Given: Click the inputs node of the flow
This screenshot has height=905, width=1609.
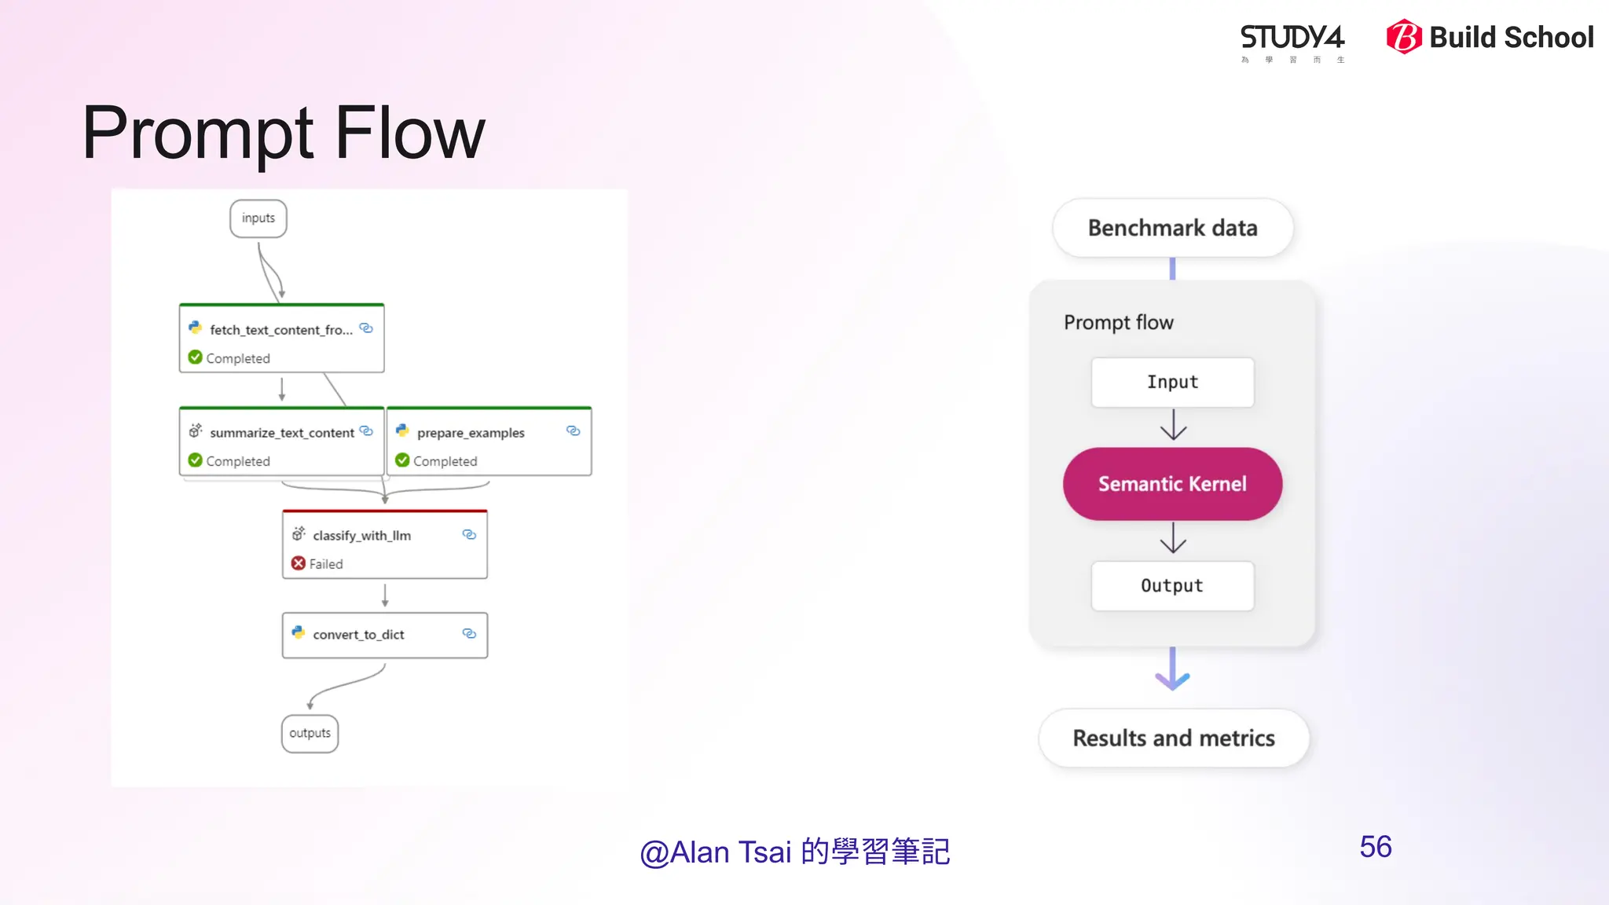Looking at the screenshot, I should pyautogui.click(x=258, y=218).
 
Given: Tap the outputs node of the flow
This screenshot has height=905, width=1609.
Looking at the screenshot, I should pyautogui.click(x=310, y=733).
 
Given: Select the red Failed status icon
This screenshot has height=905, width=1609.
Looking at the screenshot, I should pyautogui.click(x=299, y=563).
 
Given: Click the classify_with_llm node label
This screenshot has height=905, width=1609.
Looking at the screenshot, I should pyautogui.click(x=361, y=536).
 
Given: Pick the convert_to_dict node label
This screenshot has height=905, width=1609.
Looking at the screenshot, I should pyautogui.click(x=358, y=635).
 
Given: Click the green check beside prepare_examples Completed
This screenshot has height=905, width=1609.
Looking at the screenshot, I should pyautogui.click(x=402, y=460).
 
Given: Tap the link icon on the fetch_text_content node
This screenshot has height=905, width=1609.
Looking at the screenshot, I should pyautogui.click(x=366, y=328).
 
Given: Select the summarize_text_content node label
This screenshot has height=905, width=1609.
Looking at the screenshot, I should pyautogui.click(x=281, y=433).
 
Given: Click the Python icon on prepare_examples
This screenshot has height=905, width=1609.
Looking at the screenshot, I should pyautogui.click(x=402, y=431).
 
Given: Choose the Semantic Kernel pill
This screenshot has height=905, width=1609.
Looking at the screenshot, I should pyautogui.click(x=1172, y=484).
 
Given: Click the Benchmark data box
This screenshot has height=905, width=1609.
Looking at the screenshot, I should pyautogui.click(x=1172, y=228).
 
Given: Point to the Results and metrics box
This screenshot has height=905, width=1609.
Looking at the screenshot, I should pyautogui.click(x=1174, y=738).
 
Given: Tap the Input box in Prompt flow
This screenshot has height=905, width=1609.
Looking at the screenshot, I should pyautogui.click(x=1172, y=383).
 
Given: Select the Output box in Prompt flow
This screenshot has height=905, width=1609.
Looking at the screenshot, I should pyautogui.click(x=1172, y=586).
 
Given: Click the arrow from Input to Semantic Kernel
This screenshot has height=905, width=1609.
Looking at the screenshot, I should pyautogui.click(x=1173, y=425).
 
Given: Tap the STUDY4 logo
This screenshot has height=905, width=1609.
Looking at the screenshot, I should pyautogui.click(x=1292, y=39).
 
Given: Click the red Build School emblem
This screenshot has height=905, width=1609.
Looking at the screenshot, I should pyautogui.click(x=1404, y=37).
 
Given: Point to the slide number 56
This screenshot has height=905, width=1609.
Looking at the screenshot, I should pyautogui.click(x=1376, y=847).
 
